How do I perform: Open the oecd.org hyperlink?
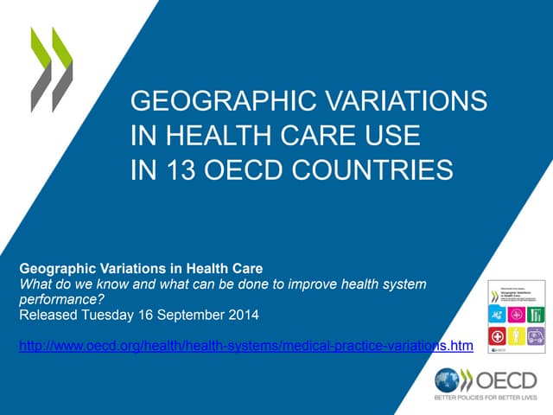[x=245, y=347]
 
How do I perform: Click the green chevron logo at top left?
[x=51, y=69]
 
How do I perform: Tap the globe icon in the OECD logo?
[x=447, y=381]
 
